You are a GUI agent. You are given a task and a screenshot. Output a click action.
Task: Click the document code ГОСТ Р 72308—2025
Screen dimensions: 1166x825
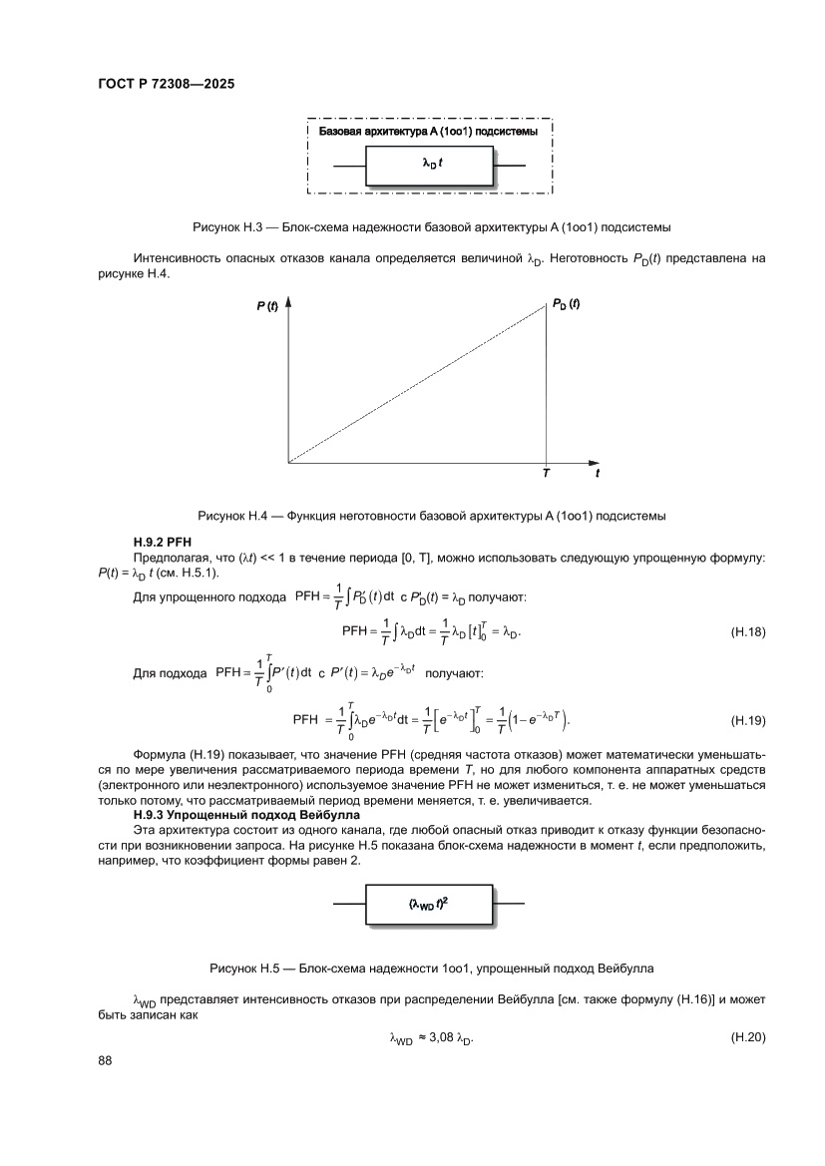click(x=166, y=85)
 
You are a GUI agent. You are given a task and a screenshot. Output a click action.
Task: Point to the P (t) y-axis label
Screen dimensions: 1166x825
click(x=266, y=307)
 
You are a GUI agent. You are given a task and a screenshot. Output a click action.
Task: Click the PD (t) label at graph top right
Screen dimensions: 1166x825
click(x=566, y=304)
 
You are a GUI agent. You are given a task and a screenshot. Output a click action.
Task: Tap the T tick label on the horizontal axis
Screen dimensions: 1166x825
click(x=546, y=475)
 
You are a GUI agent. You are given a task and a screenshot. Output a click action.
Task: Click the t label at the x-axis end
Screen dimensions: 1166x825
click(x=598, y=475)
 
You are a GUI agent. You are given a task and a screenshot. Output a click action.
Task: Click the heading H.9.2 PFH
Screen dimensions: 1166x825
click(x=161, y=541)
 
